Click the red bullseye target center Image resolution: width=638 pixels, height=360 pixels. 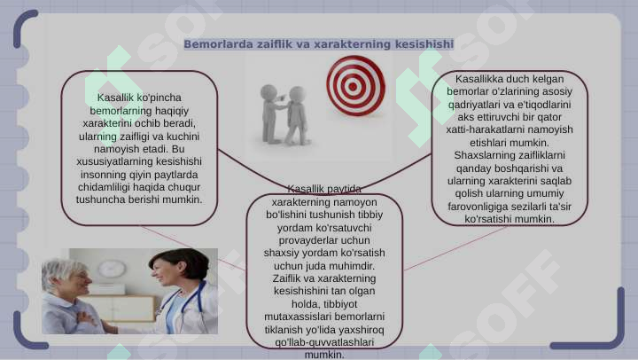pos(354,86)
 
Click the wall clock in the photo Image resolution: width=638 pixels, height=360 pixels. pos(112,269)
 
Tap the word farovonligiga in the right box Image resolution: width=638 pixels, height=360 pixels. pos(475,207)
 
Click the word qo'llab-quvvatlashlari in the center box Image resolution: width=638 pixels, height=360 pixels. pos(324,342)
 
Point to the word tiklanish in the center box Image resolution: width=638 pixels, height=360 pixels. pos(284,330)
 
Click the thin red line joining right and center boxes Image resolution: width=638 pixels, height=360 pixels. pos(455,248)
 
